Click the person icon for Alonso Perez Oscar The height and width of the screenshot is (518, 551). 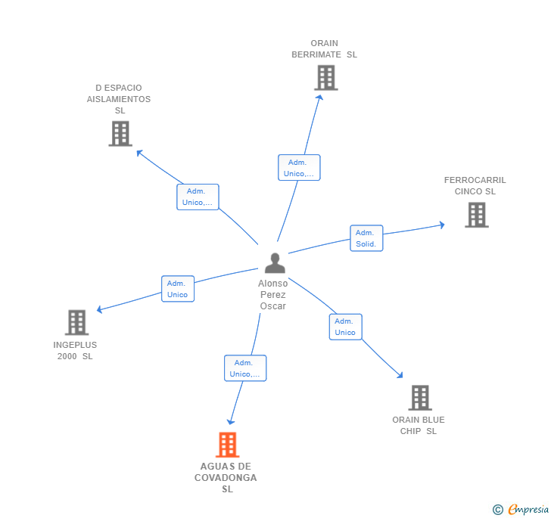[x=275, y=263]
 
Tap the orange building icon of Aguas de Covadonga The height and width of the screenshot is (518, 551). [x=227, y=445]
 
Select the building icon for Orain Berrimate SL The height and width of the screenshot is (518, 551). [x=325, y=78]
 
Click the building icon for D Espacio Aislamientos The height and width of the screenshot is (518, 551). [x=120, y=134]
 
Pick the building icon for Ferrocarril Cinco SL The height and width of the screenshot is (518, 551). [x=476, y=215]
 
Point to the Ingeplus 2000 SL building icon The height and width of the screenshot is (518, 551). [x=76, y=323]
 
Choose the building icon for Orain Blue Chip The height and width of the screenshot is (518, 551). [x=419, y=398]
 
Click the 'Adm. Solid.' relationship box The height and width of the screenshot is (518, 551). [x=366, y=238]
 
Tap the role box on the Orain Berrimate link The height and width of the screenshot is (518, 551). [x=299, y=168]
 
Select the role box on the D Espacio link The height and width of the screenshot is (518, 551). [x=198, y=197]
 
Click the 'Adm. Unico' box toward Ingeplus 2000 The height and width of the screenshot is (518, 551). [x=177, y=289]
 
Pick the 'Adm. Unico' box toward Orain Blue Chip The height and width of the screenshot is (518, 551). [x=345, y=327]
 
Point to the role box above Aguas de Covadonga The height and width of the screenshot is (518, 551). [x=245, y=368]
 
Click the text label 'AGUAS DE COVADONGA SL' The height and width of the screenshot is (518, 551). [x=226, y=478]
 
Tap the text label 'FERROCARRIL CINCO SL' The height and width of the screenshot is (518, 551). [x=475, y=185]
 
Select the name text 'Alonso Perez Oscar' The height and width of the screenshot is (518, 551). [x=272, y=295]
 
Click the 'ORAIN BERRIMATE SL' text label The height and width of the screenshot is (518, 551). [x=324, y=49]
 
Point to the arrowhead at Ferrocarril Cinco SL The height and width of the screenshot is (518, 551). [x=442, y=225]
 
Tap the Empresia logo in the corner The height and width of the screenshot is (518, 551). [x=521, y=510]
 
